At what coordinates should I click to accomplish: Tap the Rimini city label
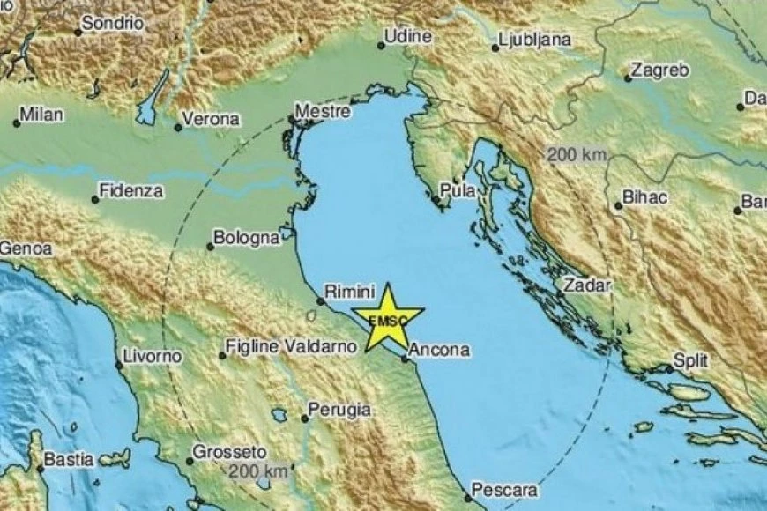coord(351,290)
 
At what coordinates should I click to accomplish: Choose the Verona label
coord(211,119)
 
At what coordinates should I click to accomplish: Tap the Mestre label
coord(323,112)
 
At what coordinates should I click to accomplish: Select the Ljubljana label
coord(535,40)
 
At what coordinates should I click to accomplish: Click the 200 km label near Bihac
coord(577,155)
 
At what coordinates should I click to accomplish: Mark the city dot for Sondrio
coord(78,32)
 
